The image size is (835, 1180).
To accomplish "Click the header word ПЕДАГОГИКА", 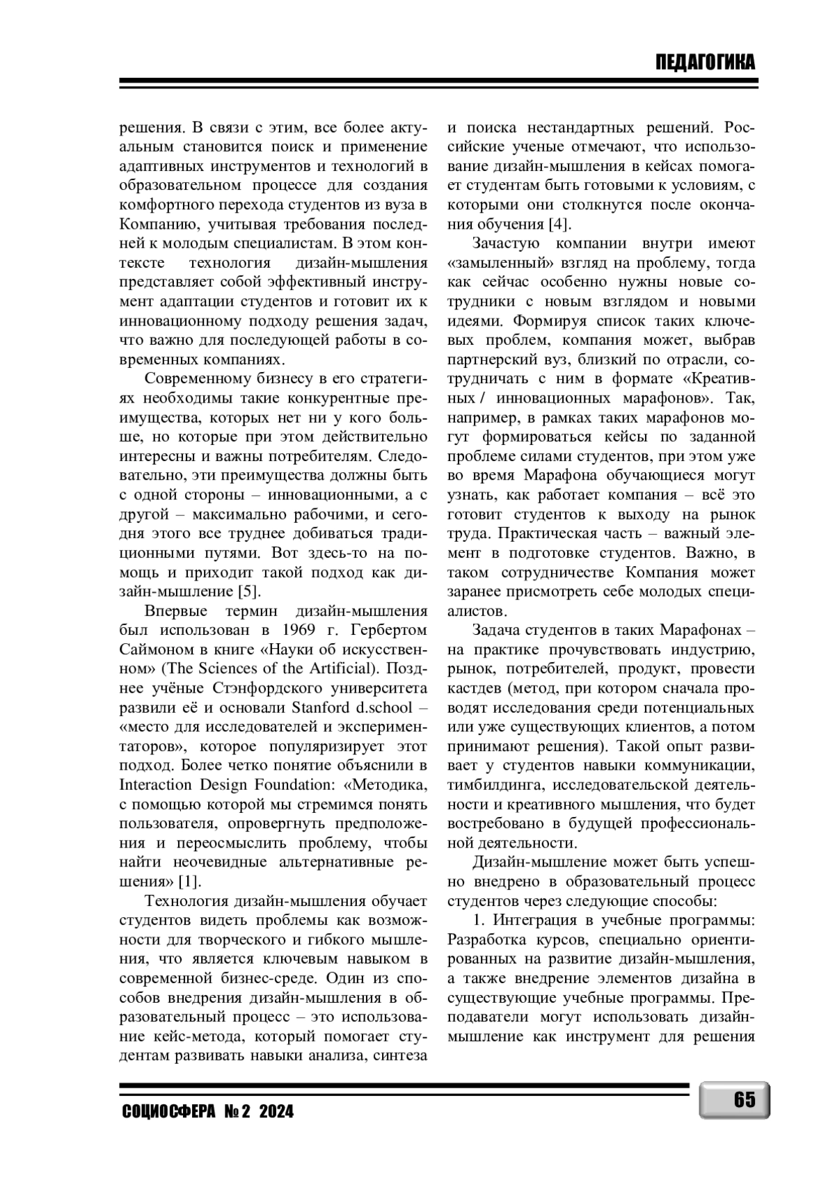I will point(705,63).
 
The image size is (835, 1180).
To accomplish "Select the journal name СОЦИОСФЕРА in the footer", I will point(168,1112).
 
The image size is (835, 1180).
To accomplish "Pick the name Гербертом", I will point(390,631).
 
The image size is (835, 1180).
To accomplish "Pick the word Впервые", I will point(176,611).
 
